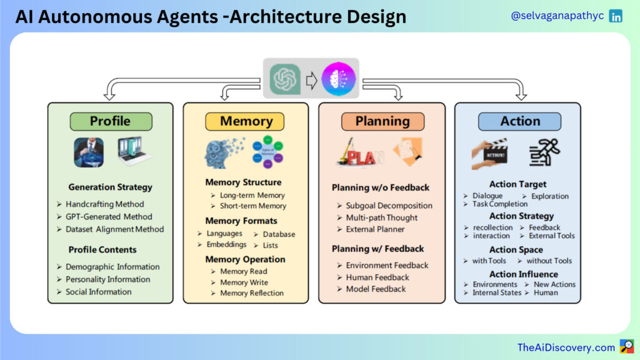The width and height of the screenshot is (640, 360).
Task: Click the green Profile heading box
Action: pyautogui.click(x=111, y=121)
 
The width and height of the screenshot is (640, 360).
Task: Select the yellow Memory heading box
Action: pyautogui.click(x=245, y=121)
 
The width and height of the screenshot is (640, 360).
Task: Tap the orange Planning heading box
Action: pyautogui.click(x=382, y=121)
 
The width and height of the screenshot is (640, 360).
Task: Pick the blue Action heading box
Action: pyautogui.click(x=519, y=121)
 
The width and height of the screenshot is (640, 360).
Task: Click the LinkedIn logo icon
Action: pyautogui.click(x=616, y=16)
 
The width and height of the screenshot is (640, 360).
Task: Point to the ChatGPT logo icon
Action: pyautogui.click(x=285, y=79)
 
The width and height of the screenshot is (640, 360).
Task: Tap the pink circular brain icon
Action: pyautogui.click(x=338, y=79)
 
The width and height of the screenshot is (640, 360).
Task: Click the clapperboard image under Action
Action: pyautogui.click(x=490, y=153)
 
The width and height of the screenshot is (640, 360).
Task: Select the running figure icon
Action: pyautogui.click(x=544, y=152)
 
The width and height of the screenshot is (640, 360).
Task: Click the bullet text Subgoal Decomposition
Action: pyautogui.click(x=389, y=206)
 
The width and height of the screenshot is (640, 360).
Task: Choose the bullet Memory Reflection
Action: pyautogui.click(x=252, y=293)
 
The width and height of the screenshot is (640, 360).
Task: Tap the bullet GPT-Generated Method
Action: pyautogui.click(x=109, y=217)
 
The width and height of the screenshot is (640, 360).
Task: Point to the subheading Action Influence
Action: pyautogui.click(x=524, y=274)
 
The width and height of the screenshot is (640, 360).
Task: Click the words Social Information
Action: pyautogui.click(x=98, y=292)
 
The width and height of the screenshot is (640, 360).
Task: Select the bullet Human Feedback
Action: pyautogui.click(x=377, y=277)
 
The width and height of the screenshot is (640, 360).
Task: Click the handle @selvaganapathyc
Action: pyautogui.click(x=557, y=16)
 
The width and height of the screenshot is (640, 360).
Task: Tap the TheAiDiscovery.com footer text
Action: pyautogui.click(x=566, y=347)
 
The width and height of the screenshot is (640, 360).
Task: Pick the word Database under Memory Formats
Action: pyautogui.click(x=279, y=234)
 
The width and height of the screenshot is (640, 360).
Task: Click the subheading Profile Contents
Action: pyautogui.click(x=102, y=250)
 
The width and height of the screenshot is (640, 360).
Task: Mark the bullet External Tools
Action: pyautogui.click(x=551, y=236)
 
